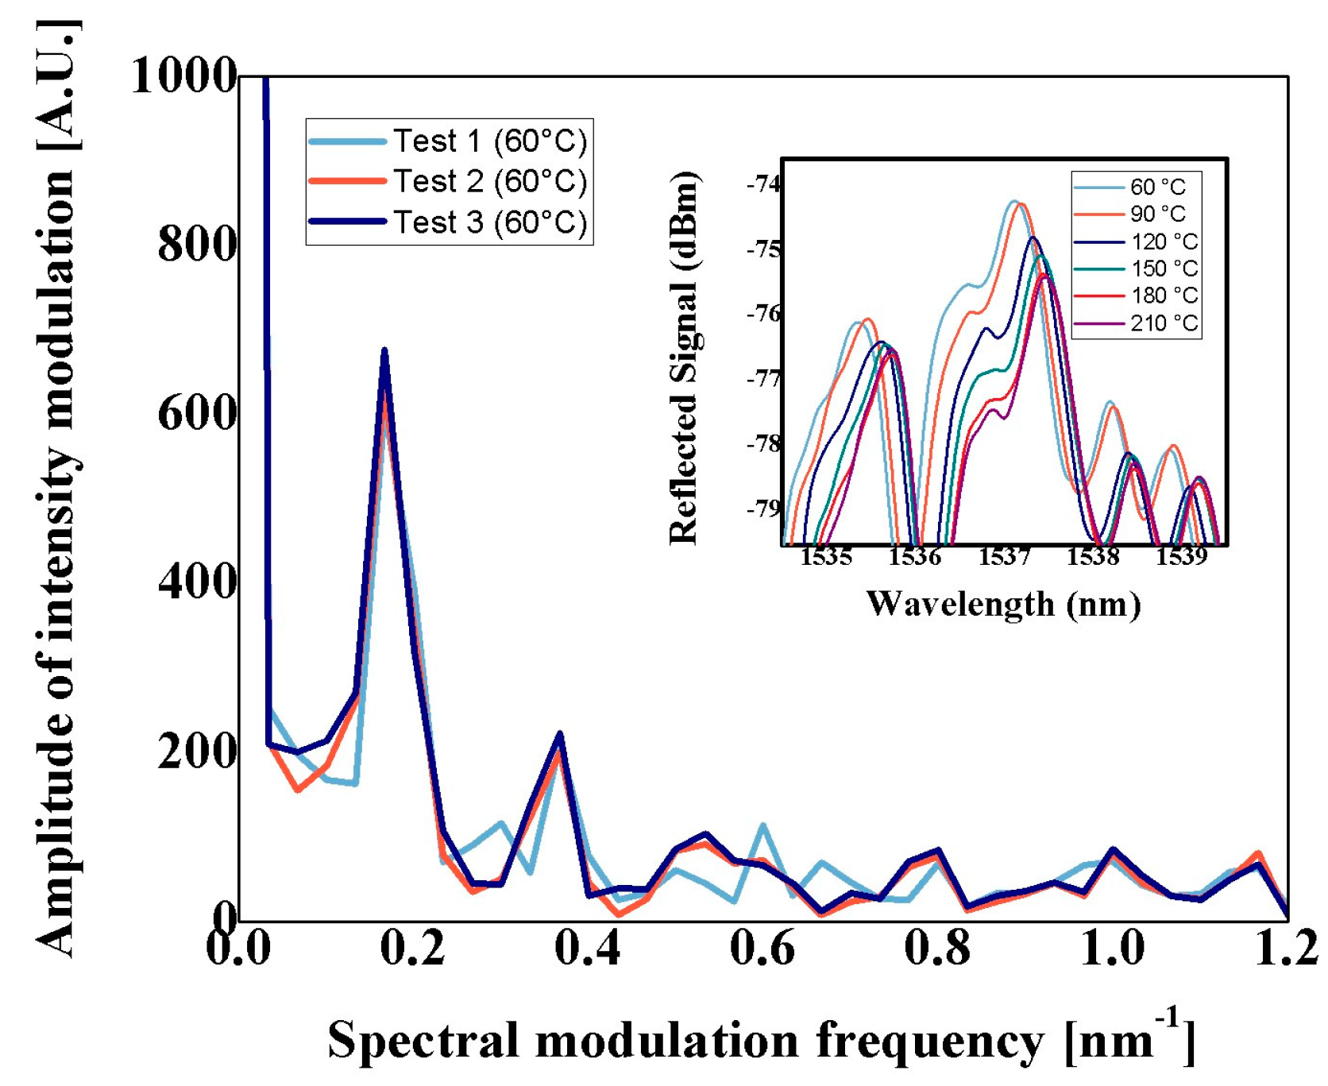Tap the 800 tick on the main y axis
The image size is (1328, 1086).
tap(197, 244)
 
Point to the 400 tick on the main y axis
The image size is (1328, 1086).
tap(197, 582)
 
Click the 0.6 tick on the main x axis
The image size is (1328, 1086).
tap(762, 948)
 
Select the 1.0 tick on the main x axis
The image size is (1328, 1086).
tap(1112, 948)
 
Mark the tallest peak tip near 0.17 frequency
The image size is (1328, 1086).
tap(384, 350)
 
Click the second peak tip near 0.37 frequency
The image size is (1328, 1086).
tap(560, 733)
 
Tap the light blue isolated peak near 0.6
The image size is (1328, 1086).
tap(763, 826)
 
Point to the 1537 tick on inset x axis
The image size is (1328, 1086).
tap(1004, 557)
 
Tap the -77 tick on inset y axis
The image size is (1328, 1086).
tap(764, 379)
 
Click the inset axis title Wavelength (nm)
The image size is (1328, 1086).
tap(1003, 605)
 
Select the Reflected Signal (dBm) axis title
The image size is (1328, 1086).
tap(684, 357)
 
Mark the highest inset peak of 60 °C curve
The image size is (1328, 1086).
tap(1013, 201)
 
